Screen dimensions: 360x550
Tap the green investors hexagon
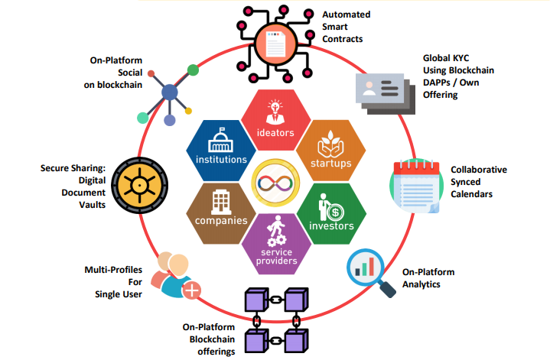point(330,212)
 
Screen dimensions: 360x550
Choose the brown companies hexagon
point(220,210)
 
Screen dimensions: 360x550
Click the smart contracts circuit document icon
point(277,37)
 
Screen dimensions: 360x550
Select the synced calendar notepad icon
point(414,183)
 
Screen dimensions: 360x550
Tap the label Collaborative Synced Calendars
point(479,182)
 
